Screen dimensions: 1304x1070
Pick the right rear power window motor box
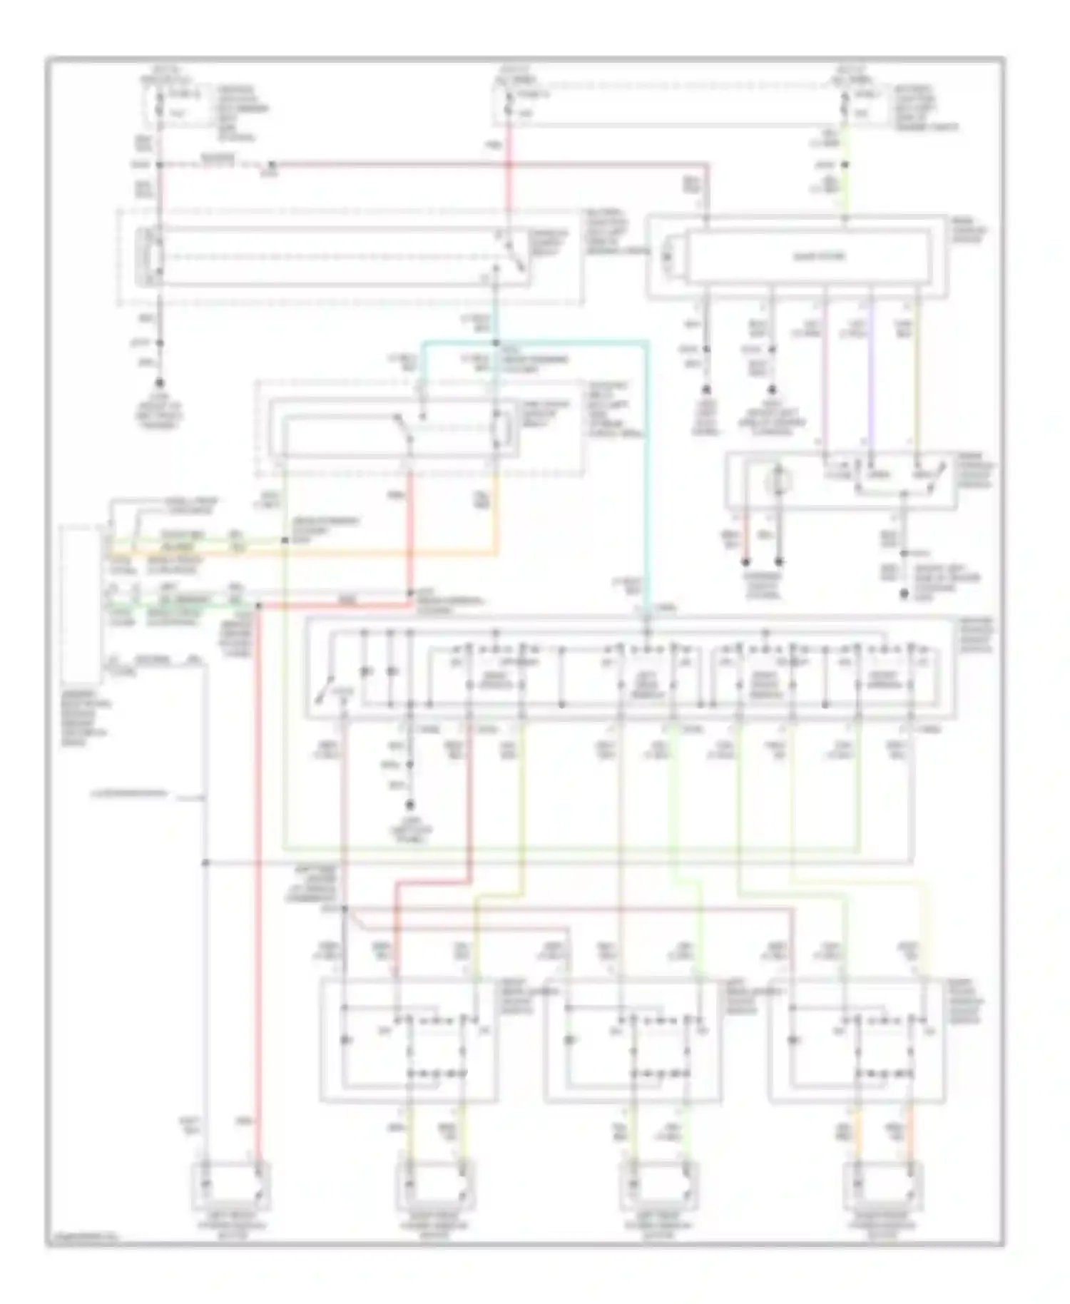[x=882, y=1186]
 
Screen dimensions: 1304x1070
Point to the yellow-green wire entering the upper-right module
[x=845, y=193]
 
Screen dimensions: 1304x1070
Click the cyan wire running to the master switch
[x=647, y=464]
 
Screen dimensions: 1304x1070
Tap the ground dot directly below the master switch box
[x=410, y=806]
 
